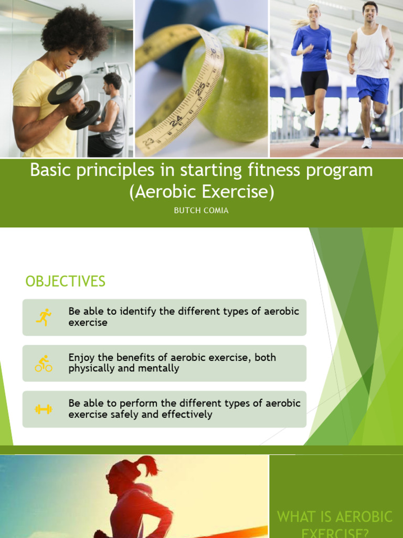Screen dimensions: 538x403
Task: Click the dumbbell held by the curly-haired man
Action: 73,102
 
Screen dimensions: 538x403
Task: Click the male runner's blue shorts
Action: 372,88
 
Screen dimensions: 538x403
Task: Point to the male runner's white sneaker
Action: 367,143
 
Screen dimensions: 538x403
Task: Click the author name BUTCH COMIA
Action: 201,211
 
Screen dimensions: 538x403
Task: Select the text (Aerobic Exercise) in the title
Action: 201,192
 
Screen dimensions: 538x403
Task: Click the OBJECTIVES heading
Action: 66,282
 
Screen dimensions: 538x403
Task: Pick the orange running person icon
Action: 44,317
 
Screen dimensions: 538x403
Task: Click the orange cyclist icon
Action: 44,363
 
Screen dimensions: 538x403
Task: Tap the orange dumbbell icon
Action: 44,409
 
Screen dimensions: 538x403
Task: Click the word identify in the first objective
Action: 138,311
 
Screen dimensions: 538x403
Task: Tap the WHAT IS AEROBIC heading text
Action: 335,516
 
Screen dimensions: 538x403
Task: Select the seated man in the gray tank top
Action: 111,116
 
